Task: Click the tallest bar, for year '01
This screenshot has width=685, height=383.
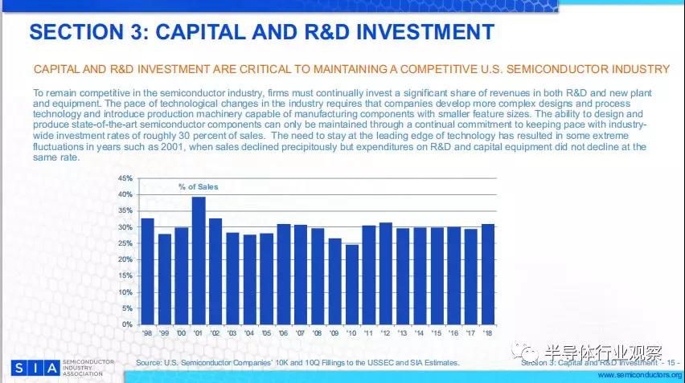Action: point(199,260)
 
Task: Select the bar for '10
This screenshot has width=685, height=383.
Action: point(352,284)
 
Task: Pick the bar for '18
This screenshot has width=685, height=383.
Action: point(488,274)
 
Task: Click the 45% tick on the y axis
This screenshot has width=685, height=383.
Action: point(125,177)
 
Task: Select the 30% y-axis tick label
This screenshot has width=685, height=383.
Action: point(125,226)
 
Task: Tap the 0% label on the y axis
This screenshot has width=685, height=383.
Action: point(128,324)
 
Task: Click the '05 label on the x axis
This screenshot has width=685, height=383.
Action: point(267,333)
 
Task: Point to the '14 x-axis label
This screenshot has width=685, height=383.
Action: point(420,333)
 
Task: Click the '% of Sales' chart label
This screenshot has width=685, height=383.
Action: point(198,186)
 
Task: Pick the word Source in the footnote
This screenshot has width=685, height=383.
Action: point(150,363)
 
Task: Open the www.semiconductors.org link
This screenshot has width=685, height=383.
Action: point(640,375)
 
